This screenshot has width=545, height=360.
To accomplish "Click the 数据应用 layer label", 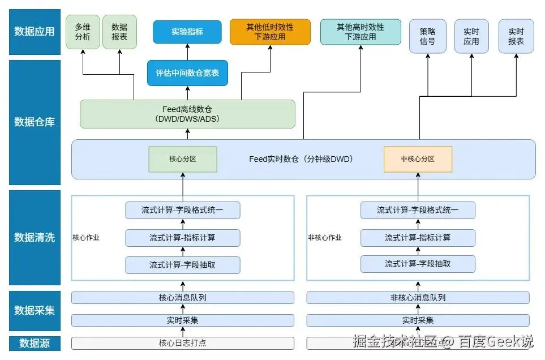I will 35,32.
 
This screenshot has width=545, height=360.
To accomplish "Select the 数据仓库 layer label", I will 35,122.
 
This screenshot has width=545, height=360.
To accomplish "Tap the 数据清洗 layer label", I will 35,237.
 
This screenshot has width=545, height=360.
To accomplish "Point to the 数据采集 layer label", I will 35,311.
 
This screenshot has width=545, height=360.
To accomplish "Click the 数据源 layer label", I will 35,343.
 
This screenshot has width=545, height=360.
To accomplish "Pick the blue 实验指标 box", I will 187,32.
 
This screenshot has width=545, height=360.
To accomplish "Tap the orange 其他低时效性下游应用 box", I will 270,32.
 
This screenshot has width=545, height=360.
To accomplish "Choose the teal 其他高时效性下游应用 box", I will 361,32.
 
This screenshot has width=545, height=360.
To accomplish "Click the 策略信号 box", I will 427,36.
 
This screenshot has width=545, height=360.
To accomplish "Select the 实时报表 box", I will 516,36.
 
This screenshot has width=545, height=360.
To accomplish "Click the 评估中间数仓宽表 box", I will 187,73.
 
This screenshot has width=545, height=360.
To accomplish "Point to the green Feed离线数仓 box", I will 187,114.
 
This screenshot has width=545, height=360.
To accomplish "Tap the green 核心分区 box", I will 183,159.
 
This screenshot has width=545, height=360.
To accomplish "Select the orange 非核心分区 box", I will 418,159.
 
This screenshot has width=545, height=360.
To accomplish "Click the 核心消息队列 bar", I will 183,298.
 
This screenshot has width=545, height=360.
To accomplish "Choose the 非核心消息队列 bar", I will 418,298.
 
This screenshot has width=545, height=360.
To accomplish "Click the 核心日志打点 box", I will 183,343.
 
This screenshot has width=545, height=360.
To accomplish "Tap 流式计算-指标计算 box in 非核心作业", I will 418,238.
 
